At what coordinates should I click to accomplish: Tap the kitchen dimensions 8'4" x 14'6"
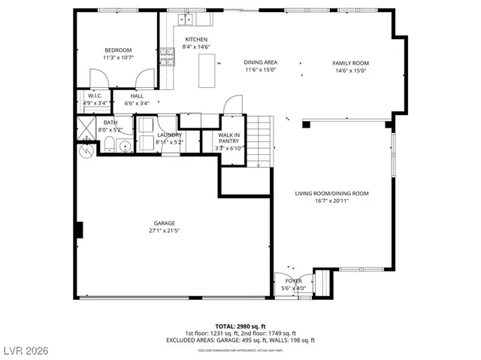coord(196,47)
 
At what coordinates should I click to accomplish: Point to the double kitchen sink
coord(186,19)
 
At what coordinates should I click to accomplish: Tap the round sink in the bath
coord(125,145)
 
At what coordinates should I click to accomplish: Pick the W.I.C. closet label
coord(94,96)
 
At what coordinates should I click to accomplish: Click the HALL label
coord(137,96)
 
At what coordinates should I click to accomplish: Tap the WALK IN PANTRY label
coord(229,138)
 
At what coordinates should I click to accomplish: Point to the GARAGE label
coord(164,222)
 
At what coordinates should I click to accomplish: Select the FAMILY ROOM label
coord(351,63)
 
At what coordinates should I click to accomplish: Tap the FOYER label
coord(293,281)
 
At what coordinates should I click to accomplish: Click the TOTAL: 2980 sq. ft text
coord(240,326)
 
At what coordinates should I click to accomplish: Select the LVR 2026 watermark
coord(25,349)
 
